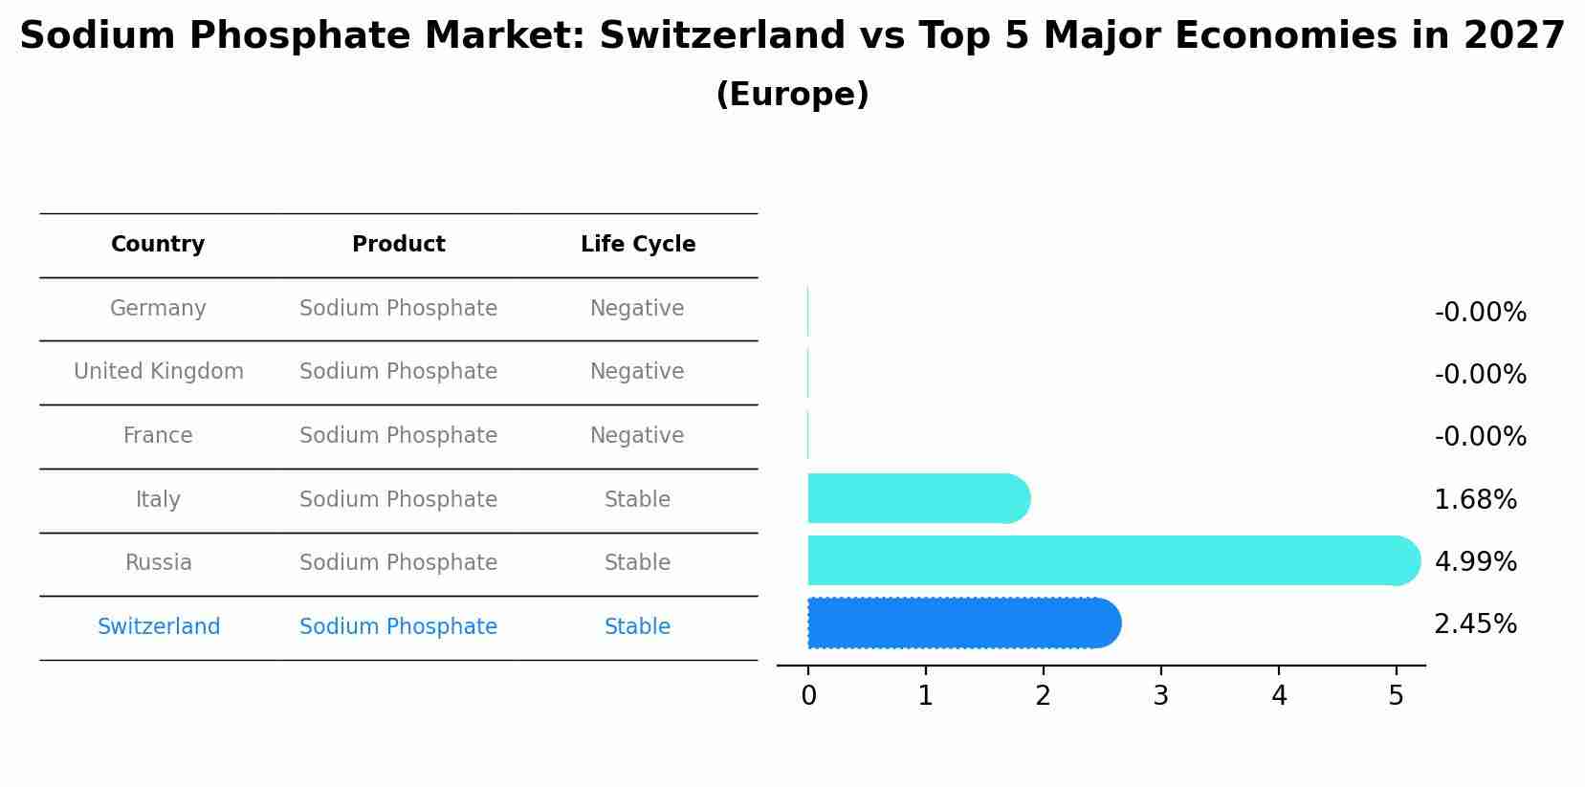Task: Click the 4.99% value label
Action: click(x=1475, y=562)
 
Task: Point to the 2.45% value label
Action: click(x=1475, y=624)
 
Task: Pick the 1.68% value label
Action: click(x=1475, y=500)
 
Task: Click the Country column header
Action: click(x=158, y=245)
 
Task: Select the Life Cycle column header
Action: click(x=638, y=245)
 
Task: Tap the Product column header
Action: click(x=398, y=245)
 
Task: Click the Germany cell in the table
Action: click(x=158, y=309)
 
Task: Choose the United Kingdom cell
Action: click(x=158, y=372)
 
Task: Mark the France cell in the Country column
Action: click(x=158, y=436)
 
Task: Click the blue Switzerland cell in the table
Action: click(x=158, y=627)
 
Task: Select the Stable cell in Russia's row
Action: click(x=637, y=563)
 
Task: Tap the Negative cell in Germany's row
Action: click(x=637, y=309)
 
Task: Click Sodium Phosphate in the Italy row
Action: click(x=398, y=500)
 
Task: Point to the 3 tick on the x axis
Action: click(x=1160, y=696)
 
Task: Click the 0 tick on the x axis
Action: click(x=808, y=696)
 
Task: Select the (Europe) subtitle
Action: click(x=792, y=95)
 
